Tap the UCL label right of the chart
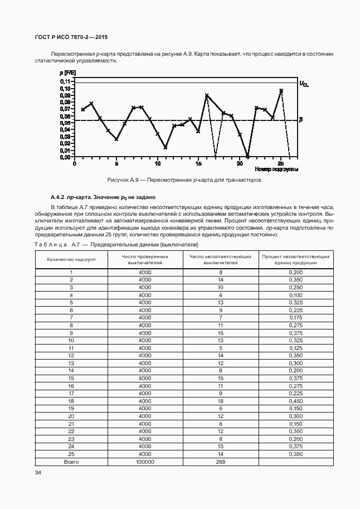tap(303, 84)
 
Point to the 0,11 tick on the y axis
tap(65, 82)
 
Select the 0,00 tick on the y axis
tap(65, 157)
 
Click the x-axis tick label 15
tap(198, 163)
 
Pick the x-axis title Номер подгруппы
tap(276, 169)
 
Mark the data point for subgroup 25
tap(281, 90)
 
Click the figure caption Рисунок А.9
tap(184, 181)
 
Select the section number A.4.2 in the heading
tap(57, 197)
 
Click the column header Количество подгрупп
tap(71, 259)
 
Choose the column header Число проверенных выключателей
tap(145, 259)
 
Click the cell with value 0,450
tap(295, 401)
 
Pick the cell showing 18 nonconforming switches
tap(221, 401)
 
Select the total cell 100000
tap(145, 462)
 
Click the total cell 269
tap(221, 462)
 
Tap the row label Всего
tap(71, 462)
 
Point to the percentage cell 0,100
tap(295, 294)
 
